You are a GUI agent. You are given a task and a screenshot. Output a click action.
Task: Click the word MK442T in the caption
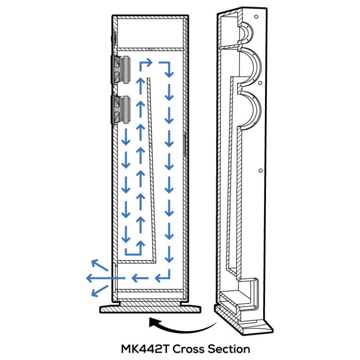145,349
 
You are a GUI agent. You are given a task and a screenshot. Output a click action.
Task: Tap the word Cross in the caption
188,349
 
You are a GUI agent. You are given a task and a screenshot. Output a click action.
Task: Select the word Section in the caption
229,349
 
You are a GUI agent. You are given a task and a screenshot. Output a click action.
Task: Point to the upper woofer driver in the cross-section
121,69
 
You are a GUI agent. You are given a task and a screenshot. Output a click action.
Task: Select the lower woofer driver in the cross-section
121,110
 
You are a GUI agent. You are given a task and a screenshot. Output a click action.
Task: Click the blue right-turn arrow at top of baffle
145,64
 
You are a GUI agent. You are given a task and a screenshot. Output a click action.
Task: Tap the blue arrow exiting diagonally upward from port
99,265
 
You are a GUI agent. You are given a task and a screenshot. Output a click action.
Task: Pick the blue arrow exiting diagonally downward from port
99,291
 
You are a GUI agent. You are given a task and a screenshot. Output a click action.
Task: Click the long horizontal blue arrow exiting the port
106,278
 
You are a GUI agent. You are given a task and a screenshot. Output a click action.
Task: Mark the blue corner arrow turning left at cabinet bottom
162,275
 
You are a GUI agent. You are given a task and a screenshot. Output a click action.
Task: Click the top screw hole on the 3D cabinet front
256,17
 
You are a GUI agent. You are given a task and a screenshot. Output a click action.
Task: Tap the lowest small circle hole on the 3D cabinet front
261,171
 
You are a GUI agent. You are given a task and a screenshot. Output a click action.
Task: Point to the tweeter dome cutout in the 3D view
245,33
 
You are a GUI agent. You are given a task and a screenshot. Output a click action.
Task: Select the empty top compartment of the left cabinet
150,32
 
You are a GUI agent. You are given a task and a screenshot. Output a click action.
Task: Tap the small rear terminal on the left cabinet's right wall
184,144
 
